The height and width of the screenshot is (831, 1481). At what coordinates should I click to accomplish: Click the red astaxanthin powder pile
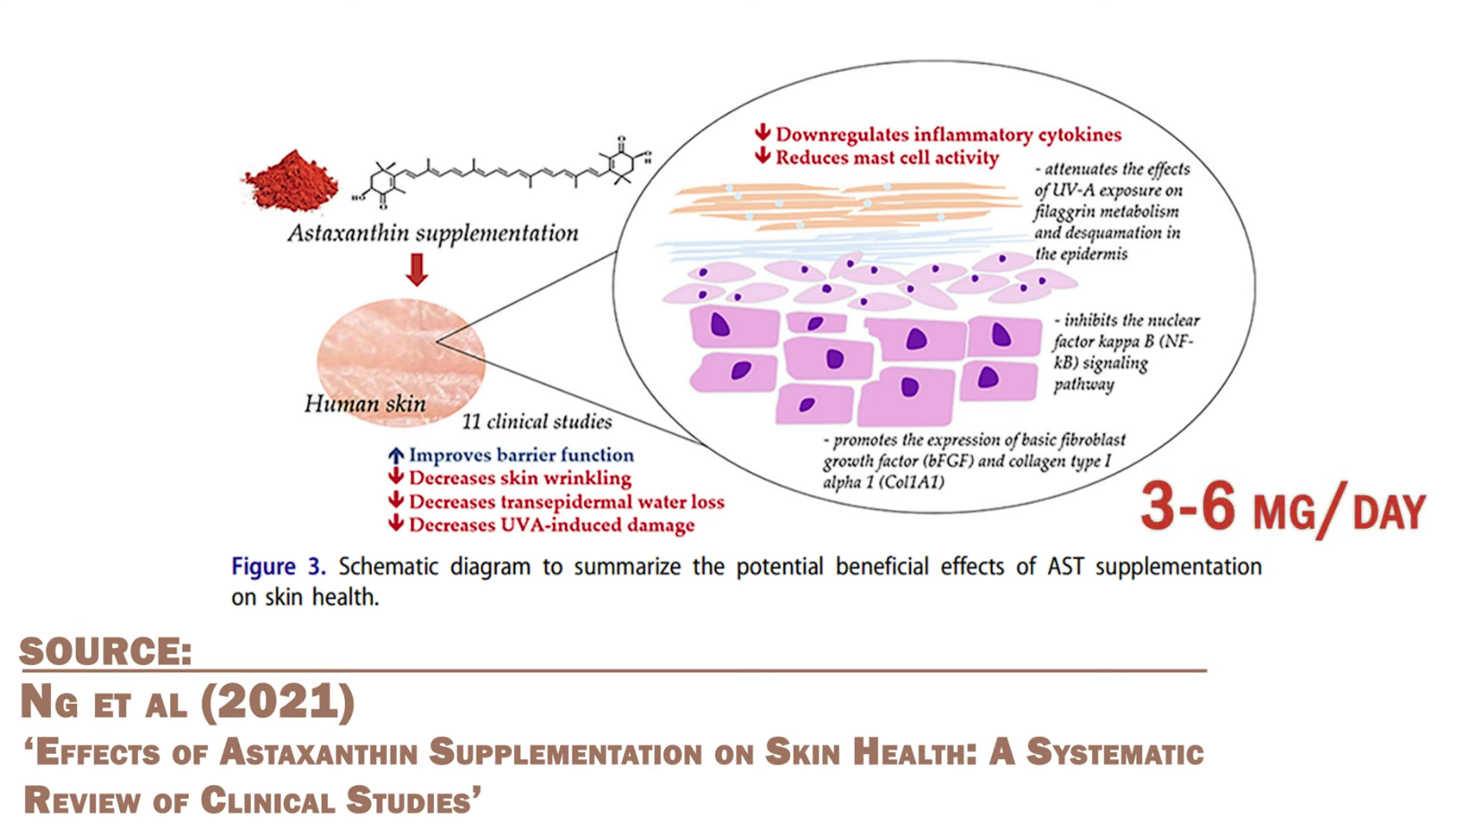tap(290, 182)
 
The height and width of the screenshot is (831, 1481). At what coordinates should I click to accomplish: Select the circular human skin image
tap(400, 359)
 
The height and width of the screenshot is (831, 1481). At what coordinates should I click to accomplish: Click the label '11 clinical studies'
tap(537, 421)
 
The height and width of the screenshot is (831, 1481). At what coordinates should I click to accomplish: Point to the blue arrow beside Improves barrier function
tap(395, 455)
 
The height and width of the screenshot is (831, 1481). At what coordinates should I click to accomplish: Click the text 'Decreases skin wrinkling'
tap(520, 479)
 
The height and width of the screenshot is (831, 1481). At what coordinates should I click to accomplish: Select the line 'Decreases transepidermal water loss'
tap(566, 502)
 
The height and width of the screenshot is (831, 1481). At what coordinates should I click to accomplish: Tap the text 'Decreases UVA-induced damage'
tap(551, 525)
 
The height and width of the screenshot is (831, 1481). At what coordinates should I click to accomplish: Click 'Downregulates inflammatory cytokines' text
tap(948, 134)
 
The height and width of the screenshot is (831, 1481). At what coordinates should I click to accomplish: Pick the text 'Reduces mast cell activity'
tap(887, 158)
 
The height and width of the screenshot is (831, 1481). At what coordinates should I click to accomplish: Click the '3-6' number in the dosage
tap(1187, 506)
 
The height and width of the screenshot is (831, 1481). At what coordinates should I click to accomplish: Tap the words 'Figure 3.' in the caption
tap(278, 567)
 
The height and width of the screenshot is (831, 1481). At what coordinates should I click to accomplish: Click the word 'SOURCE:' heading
tap(106, 652)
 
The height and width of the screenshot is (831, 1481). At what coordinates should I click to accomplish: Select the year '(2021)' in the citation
tap(278, 702)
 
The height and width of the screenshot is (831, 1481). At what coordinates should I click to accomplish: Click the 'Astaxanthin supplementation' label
tap(433, 233)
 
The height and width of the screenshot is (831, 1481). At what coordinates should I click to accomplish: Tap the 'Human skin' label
tap(365, 404)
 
